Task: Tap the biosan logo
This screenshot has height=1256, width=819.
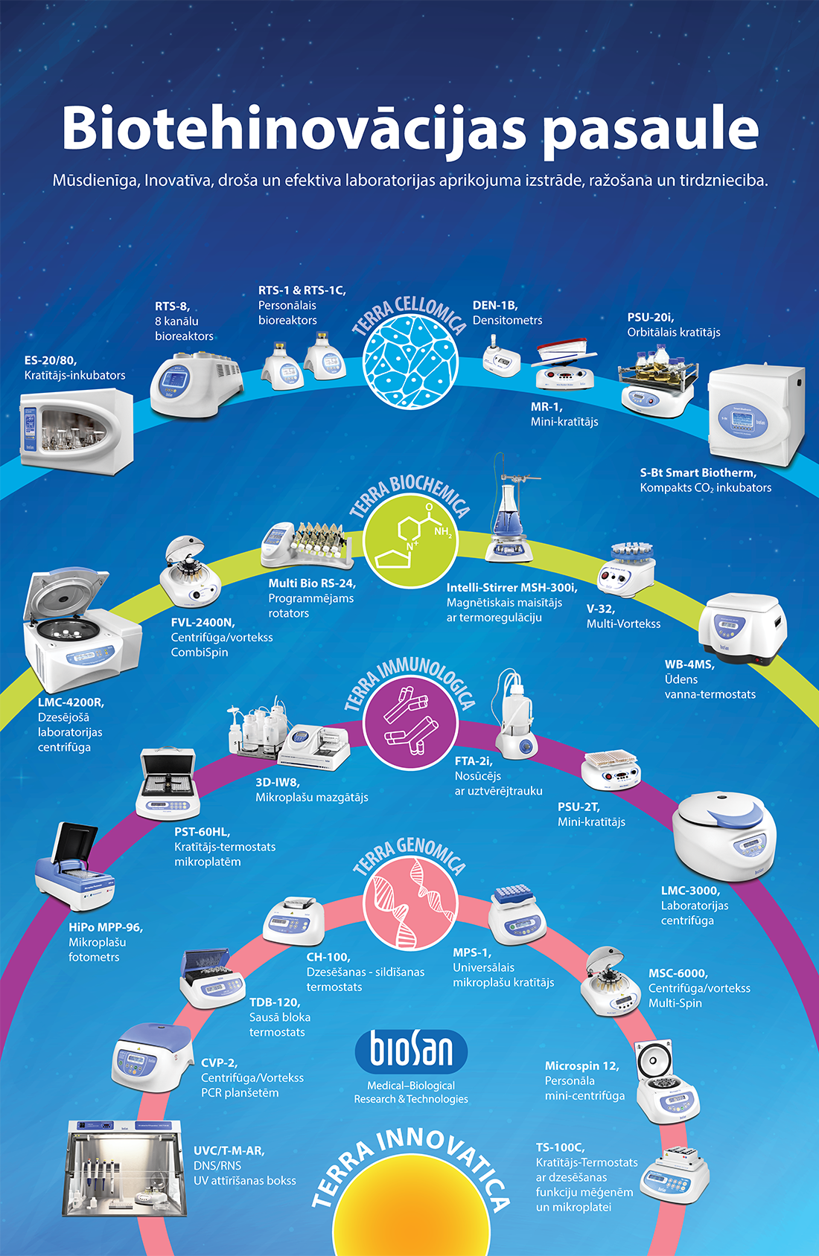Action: coord(411,1051)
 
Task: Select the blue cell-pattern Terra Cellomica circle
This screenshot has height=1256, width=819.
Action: coord(410,362)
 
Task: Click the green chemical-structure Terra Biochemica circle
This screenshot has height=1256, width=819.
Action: coord(410,541)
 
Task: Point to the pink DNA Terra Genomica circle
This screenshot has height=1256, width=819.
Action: coord(410,901)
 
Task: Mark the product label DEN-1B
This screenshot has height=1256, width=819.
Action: coord(494,305)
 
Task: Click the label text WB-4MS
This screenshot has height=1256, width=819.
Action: coord(689,664)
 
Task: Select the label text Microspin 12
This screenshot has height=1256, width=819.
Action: coord(581,1066)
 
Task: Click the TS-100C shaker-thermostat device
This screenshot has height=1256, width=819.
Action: coord(674,1176)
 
